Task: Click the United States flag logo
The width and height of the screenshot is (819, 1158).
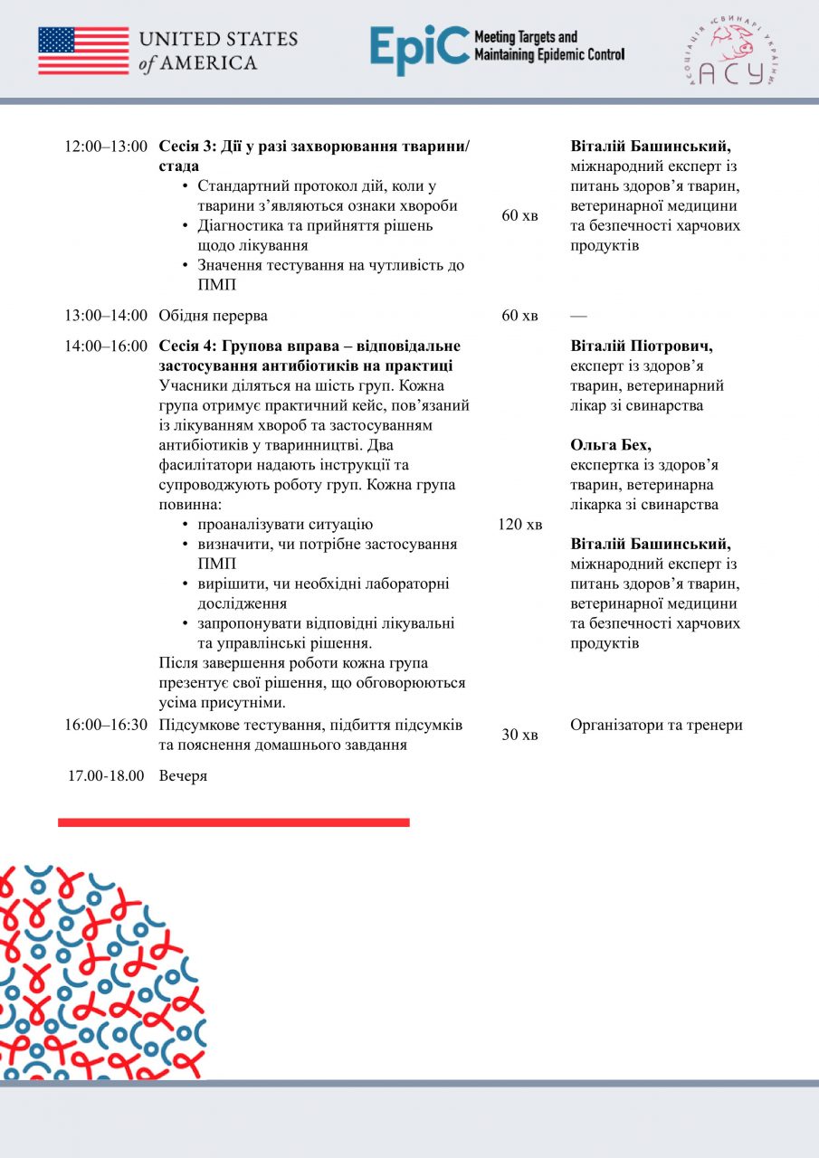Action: [x=83, y=50]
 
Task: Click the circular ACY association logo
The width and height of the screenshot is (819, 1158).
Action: [x=731, y=52]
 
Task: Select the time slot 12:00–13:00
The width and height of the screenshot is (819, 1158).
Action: [x=106, y=147]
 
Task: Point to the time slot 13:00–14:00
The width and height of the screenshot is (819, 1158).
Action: [x=106, y=316]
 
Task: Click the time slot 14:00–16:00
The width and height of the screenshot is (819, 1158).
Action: [x=106, y=346]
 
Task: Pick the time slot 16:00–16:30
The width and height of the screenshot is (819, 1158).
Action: [x=106, y=725]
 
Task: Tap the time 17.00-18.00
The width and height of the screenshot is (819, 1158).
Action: [x=106, y=776]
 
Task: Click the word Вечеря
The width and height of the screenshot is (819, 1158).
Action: [x=183, y=776]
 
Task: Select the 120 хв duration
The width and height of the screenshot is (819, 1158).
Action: [x=520, y=525]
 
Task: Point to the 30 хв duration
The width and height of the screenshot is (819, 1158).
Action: [x=520, y=735]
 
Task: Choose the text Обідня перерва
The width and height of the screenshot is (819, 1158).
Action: [x=214, y=316]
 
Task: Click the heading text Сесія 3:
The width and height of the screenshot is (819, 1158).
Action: [x=186, y=147]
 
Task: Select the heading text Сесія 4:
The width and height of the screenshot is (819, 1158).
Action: [x=186, y=346]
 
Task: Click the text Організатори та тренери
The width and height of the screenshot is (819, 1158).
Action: [x=656, y=725]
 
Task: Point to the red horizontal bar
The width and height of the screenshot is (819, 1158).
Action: [x=233, y=822]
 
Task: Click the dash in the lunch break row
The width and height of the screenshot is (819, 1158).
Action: [x=578, y=316]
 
